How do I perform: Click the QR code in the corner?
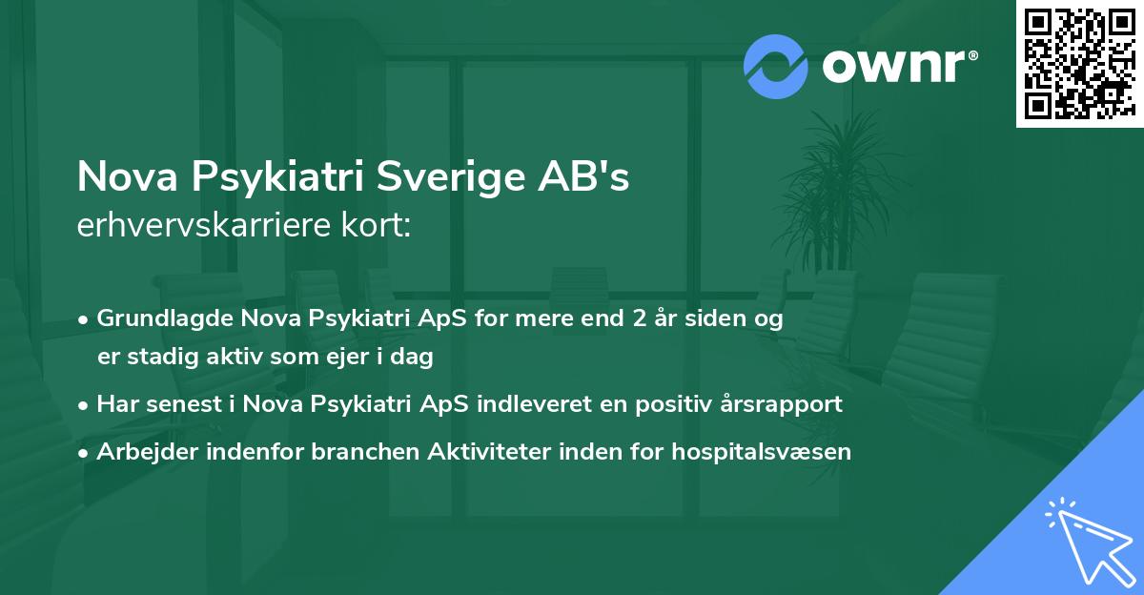pyautogui.click(x=1079, y=63)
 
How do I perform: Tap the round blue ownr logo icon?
pyautogui.click(x=775, y=66)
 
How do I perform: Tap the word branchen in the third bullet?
pyautogui.click(x=357, y=451)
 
